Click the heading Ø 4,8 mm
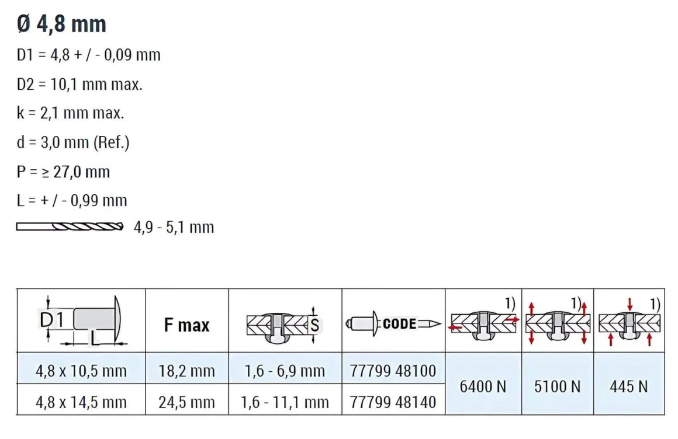(x=61, y=24)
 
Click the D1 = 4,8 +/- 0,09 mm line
(x=88, y=55)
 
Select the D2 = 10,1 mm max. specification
(x=79, y=84)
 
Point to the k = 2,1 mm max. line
(x=70, y=113)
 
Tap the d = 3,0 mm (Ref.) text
(x=72, y=142)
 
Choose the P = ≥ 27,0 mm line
(x=63, y=172)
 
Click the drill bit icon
(x=70, y=227)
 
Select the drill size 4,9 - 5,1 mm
(x=174, y=227)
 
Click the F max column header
(x=187, y=325)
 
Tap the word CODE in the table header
(x=399, y=323)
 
